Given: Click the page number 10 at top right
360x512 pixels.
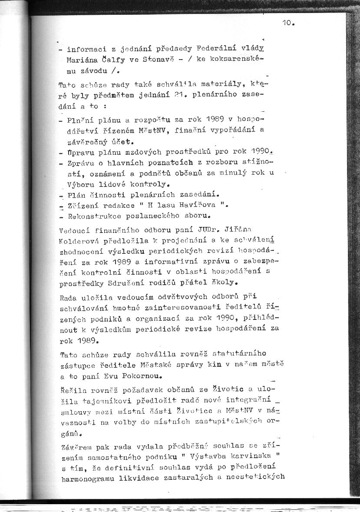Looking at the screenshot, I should point(288,24).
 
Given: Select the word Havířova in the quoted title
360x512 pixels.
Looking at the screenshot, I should point(195,205).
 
